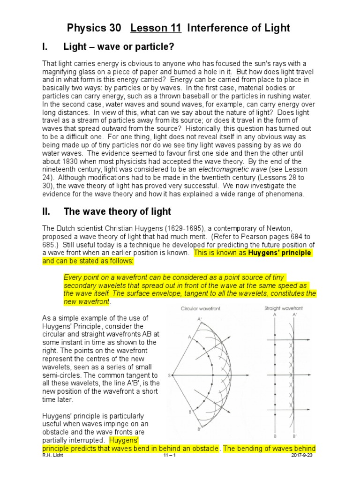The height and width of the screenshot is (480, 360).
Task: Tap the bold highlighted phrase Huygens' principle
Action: [279, 253]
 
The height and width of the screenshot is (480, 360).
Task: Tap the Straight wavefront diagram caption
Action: [283, 308]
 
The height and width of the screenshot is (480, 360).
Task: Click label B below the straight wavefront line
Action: [275, 436]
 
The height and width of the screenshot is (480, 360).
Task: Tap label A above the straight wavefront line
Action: [275, 315]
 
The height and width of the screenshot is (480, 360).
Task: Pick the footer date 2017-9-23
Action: [302, 455]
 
